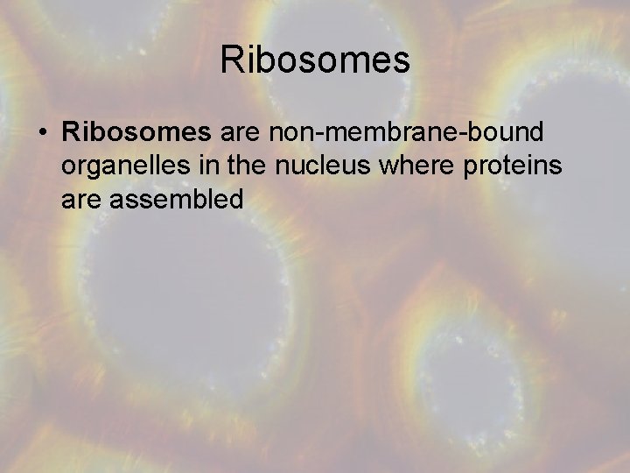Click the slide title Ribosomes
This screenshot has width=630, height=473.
(315, 60)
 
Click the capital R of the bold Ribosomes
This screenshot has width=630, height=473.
(72, 132)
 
